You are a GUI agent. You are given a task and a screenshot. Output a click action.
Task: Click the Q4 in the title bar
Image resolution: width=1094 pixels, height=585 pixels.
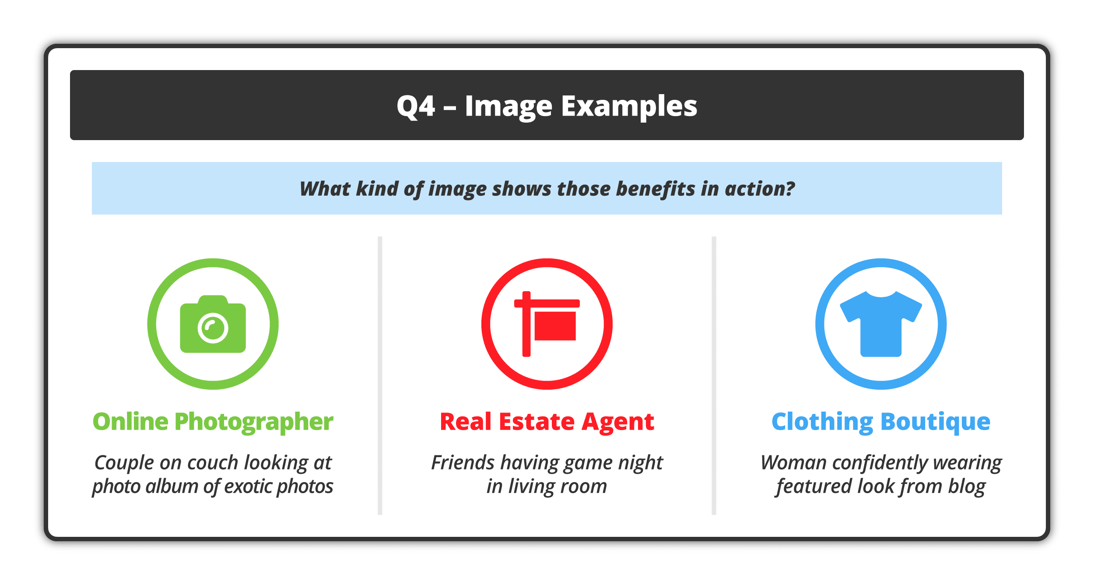click(416, 106)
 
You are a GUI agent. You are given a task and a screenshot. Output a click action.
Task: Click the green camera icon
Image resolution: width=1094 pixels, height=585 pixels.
click(213, 324)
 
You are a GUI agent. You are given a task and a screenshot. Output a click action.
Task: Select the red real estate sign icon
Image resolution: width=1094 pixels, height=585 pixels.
click(547, 324)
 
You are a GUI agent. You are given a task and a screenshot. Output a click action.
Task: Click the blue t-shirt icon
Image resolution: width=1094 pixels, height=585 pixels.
click(881, 324)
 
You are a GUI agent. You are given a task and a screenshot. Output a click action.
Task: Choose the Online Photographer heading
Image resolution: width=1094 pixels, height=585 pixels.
click(213, 422)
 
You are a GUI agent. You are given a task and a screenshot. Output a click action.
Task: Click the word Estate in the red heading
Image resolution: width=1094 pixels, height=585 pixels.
click(536, 422)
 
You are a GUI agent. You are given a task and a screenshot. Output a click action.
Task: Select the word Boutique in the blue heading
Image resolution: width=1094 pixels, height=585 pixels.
click(935, 422)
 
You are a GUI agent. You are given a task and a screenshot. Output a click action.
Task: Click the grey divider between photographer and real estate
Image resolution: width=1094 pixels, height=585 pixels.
click(380, 376)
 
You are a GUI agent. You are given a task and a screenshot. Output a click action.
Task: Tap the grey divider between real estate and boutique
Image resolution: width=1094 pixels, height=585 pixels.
click(714, 376)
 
